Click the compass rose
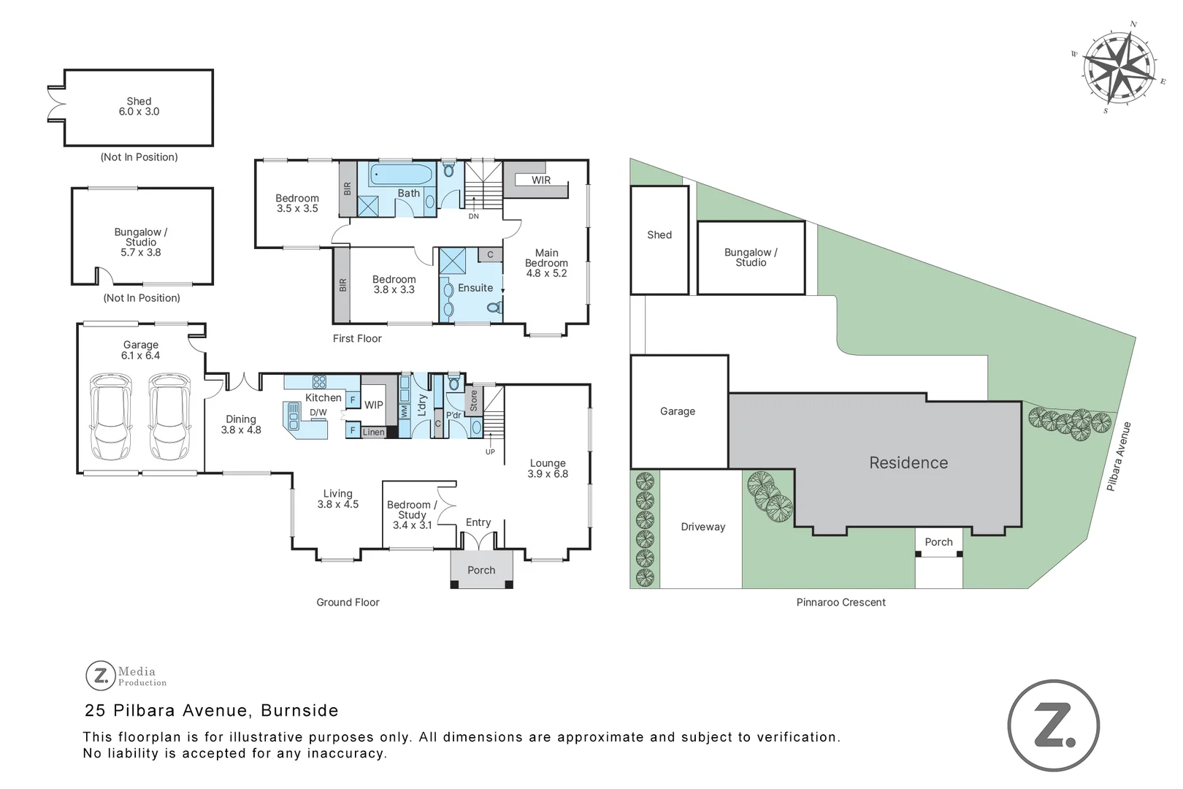click(1119, 68)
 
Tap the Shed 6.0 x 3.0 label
click(139, 107)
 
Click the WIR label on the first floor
click(541, 180)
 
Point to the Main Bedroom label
click(546, 263)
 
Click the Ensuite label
click(475, 288)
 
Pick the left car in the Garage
click(111, 417)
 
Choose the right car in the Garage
click(169, 417)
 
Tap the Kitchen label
click(323, 397)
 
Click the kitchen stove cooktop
click(319, 381)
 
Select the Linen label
click(374, 432)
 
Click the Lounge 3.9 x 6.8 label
click(548, 468)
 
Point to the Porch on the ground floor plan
click(481, 570)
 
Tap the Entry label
click(478, 522)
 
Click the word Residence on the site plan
click(908, 462)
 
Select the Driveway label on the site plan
click(703, 527)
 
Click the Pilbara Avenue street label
click(1119, 456)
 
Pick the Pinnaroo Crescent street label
click(841, 602)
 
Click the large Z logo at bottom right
click(1053, 725)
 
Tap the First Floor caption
click(357, 338)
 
